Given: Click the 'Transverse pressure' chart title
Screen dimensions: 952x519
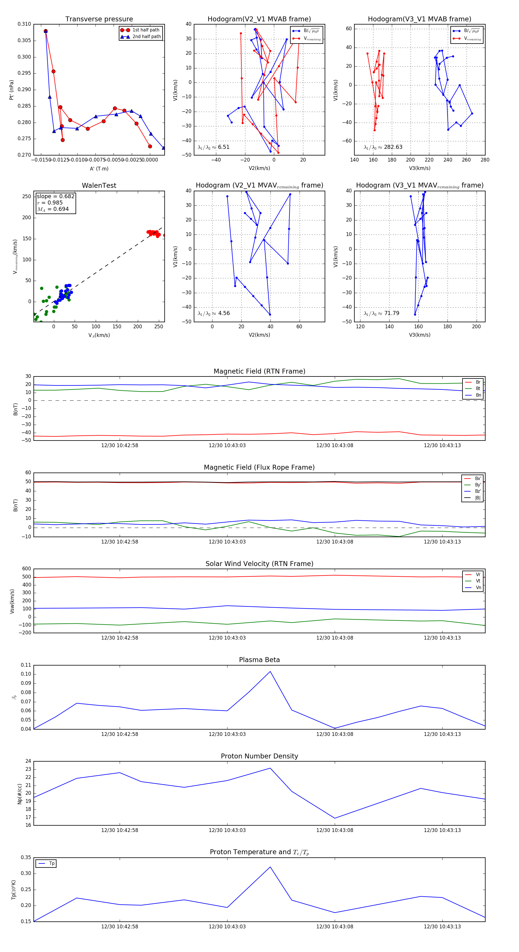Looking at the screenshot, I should tap(99, 19).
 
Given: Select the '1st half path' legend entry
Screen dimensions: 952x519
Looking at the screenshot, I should tap(146, 30).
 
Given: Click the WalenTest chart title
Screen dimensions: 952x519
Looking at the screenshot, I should tap(99, 185).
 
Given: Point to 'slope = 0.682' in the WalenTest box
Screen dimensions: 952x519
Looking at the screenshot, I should tap(55, 196).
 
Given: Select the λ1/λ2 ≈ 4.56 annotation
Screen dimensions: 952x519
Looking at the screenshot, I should tap(213, 313).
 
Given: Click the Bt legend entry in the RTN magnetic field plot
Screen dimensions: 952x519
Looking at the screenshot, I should tap(478, 388).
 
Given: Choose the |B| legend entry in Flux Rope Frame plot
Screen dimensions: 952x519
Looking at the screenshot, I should tap(477, 498).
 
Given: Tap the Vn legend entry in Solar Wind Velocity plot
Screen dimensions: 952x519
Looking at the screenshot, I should tap(478, 588).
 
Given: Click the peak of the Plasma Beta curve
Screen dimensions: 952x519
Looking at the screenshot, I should tap(270, 672).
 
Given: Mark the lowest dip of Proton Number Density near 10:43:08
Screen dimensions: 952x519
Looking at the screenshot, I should tap(335, 818).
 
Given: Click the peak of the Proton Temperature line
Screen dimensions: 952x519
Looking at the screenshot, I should tap(270, 867).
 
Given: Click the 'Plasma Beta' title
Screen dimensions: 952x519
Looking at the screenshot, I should tap(259, 660).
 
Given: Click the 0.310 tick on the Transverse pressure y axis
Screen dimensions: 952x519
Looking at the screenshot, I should tap(25, 24).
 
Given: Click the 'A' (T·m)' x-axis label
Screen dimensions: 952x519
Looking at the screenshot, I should tap(99, 168).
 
